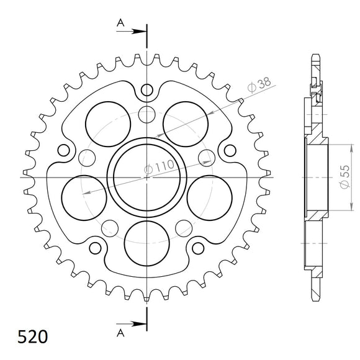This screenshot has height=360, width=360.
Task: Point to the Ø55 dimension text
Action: click(344, 176)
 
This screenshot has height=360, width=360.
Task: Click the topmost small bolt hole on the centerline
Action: click(146, 89)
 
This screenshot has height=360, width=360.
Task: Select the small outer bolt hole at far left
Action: click(63, 150)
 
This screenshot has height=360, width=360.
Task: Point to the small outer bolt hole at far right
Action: click(230, 150)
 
